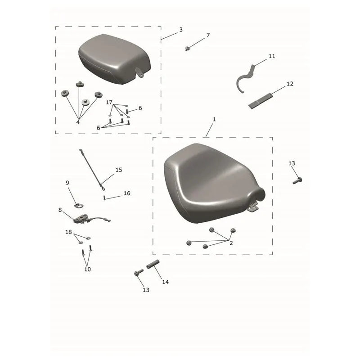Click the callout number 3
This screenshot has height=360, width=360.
point(181,30)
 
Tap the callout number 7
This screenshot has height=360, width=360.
point(208,35)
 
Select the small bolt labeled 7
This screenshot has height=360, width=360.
point(187,49)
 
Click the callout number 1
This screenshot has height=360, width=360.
point(214,119)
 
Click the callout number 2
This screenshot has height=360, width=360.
point(231,243)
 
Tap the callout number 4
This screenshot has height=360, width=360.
point(78,122)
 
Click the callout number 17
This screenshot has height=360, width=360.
point(109,102)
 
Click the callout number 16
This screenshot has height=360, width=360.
point(127,193)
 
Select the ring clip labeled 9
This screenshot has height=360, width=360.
point(79,206)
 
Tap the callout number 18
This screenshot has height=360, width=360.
point(68,232)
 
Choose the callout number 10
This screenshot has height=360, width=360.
point(87,269)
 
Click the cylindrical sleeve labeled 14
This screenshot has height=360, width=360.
point(153,264)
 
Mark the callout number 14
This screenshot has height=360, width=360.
point(165,282)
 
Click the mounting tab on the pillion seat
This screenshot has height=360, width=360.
point(139,72)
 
